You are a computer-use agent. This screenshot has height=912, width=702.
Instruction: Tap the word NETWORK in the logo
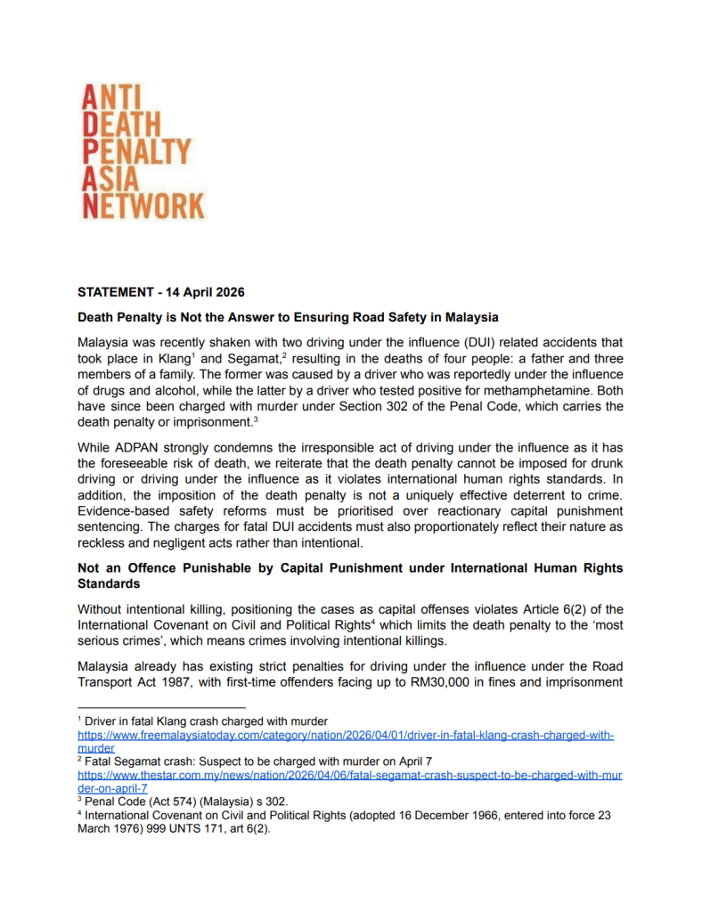143,206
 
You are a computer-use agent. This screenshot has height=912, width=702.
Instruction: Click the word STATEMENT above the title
116,291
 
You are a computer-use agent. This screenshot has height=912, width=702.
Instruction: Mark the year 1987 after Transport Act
192,683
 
